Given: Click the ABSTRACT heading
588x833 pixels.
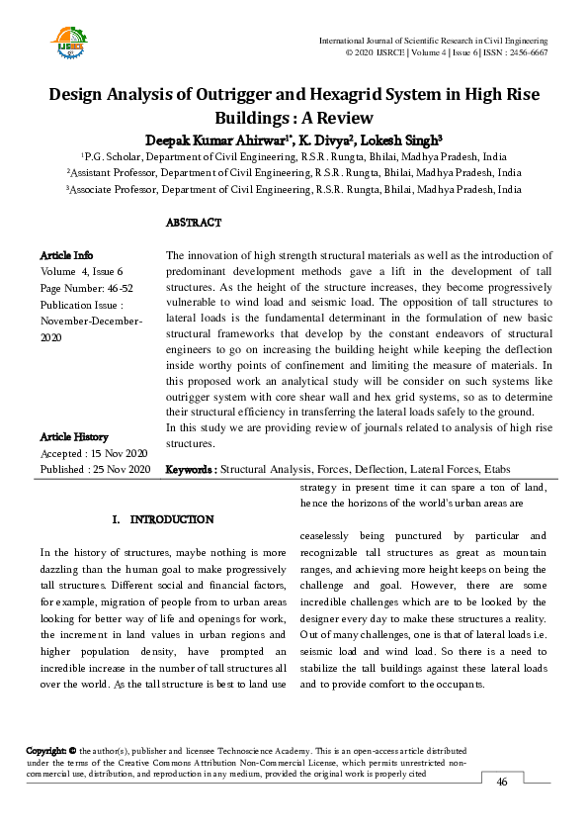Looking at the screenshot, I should tap(194, 223).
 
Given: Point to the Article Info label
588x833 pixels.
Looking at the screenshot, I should tap(67, 255).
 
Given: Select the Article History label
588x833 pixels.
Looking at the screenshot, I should tap(74, 437).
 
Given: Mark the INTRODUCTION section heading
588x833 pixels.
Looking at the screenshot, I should tap(172, 519).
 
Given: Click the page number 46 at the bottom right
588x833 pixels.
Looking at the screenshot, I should tap(502, 783).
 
